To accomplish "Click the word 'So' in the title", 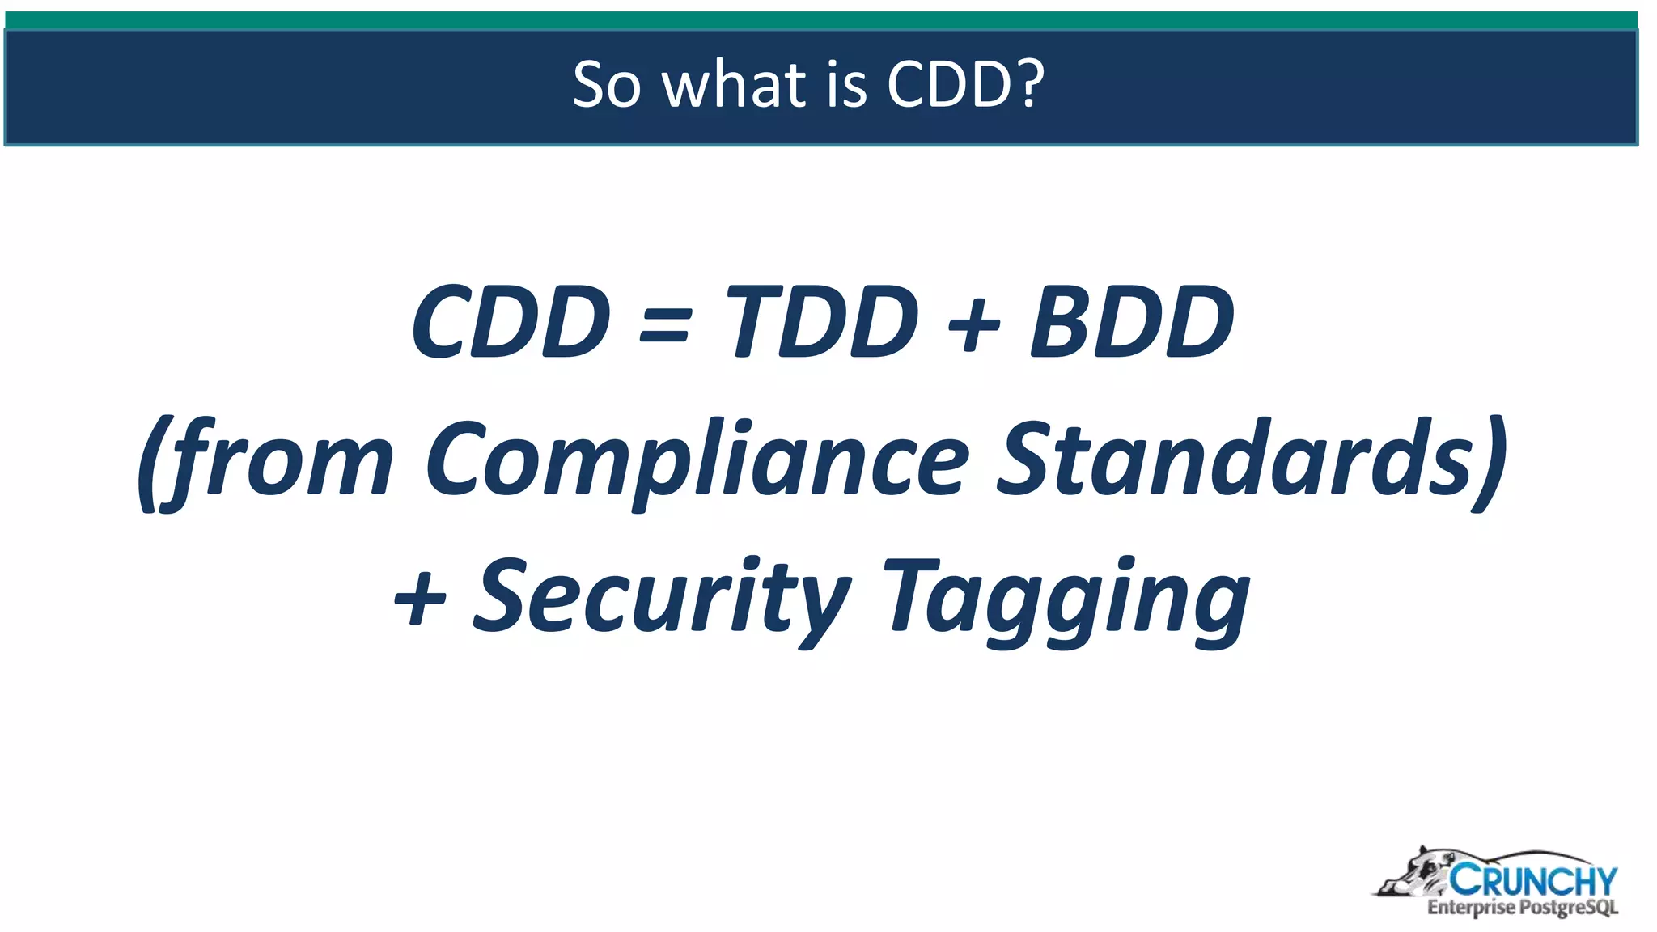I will click(607, 84).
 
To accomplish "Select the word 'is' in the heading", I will click(847, 84).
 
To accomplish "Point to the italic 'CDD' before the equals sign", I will click(510, 322).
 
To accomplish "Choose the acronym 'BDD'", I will click(1132, 322).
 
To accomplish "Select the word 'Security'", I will click(661, 599).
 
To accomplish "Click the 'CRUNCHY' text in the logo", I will click(1532, 880).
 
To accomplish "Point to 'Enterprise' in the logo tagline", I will click(1470, 908).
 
